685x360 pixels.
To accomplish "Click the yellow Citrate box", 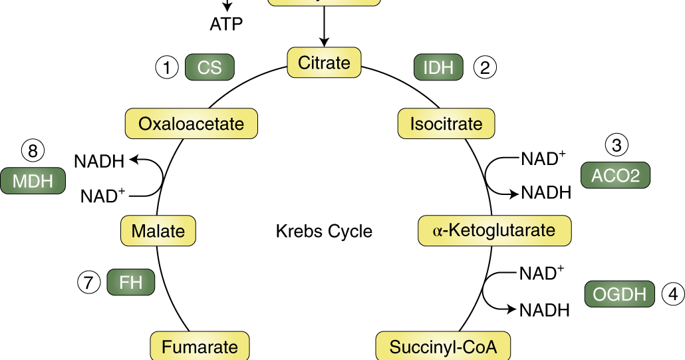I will point(324,63).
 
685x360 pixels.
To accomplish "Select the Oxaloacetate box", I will point(192,124).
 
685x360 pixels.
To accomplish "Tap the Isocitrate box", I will point(446,124).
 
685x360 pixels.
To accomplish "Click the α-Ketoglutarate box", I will point(494,230).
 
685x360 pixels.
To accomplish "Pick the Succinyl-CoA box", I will point(443,347).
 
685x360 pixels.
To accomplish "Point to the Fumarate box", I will point(200,347).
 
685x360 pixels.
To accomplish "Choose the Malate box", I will point(158,231).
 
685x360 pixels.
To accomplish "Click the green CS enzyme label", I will point(209,67).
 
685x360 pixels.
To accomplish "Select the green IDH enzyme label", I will point(438,67).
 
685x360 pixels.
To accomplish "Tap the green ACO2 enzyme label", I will point(615,175).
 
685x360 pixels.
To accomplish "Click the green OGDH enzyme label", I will point(619,294).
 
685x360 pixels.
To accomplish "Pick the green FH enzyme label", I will point(131,282).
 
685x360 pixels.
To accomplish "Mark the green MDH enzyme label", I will point(33,181).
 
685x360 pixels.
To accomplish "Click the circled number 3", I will point(616,145).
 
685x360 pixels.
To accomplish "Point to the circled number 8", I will point(33,151).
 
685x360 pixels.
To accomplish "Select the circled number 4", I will point(673,294).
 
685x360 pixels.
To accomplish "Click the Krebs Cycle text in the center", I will point(324,232).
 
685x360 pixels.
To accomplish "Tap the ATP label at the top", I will point(226,25).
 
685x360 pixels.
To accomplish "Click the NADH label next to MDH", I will point(99,161).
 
